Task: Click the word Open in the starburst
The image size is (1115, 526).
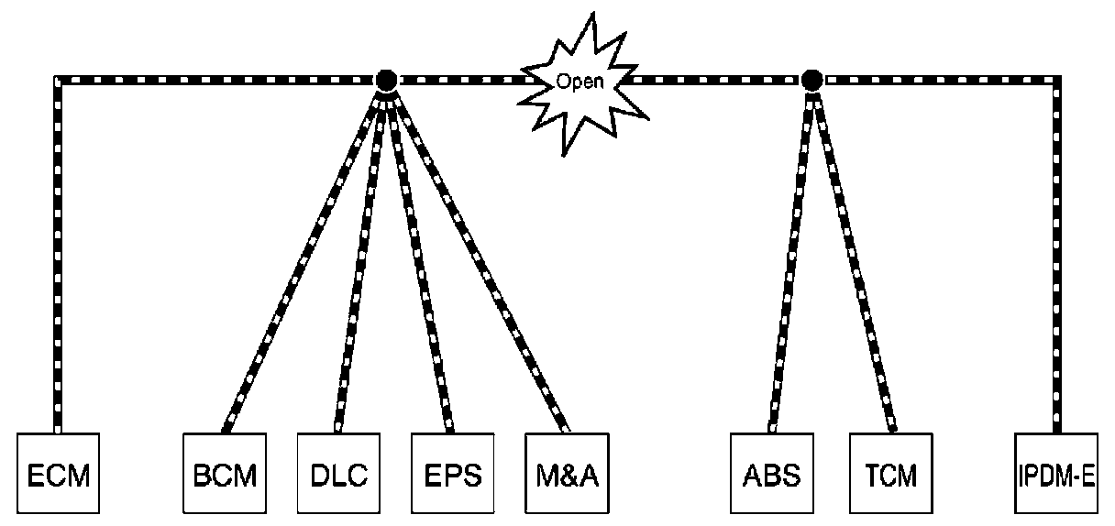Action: (580, 82)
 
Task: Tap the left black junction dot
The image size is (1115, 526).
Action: (385, 80)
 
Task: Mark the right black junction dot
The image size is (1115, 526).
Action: (811, 80)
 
